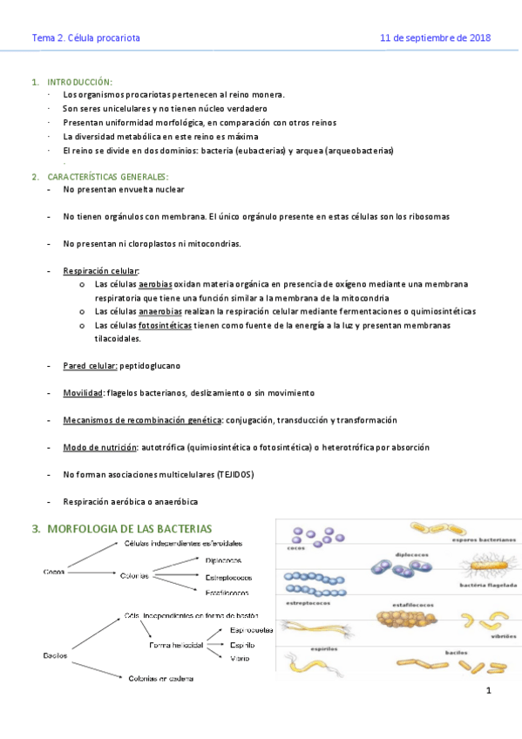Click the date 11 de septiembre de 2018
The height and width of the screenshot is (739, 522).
(436, 38)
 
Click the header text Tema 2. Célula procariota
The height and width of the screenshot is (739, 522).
(85, 38)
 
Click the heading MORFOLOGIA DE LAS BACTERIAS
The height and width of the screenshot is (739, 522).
(129, 528)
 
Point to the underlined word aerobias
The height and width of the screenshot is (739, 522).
(155, 284)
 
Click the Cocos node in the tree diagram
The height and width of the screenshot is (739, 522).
(55, 573)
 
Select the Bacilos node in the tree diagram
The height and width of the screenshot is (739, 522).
(57, 654)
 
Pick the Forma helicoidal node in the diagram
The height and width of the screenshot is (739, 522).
(176, 645)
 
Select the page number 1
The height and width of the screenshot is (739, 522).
(489, 691)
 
